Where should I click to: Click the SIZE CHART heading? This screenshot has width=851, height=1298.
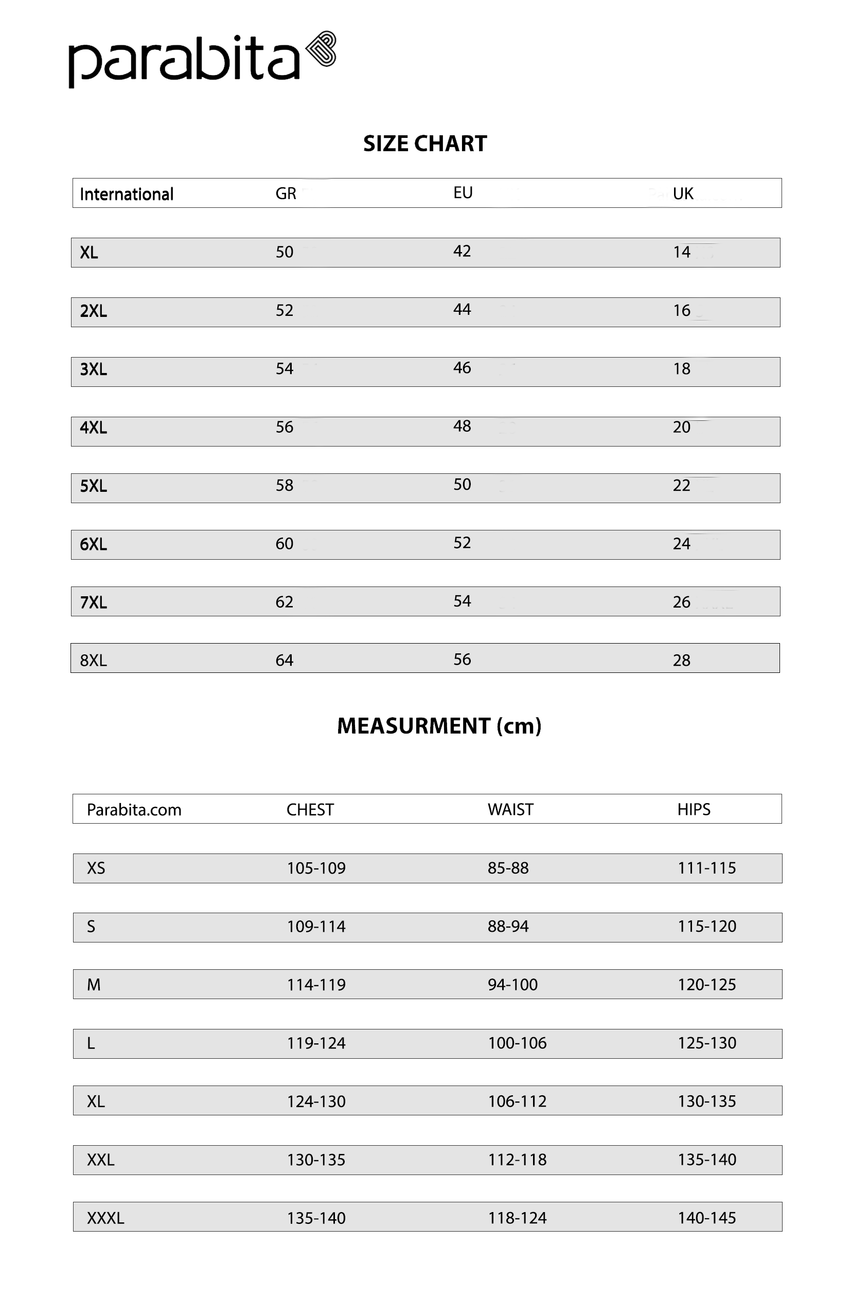(x=425, y=144)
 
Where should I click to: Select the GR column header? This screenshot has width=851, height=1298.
(x=286, y=193)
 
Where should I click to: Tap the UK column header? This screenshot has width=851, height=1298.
(x=682, y=193)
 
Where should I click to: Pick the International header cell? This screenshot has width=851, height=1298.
(x=127, y=194)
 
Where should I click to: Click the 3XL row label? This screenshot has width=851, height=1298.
(x=93, y=369)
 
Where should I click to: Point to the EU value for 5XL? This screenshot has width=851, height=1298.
(x=462, y=484)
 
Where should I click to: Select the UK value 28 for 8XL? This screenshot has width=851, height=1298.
(x=681, y=661)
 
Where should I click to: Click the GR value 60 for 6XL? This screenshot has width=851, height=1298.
(x=284, y=544)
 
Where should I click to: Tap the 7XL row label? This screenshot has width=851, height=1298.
(x=93, y=602)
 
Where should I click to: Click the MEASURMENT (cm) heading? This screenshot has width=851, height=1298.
(x=439, y=726)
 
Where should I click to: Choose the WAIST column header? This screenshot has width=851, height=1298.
(x=510, y=809)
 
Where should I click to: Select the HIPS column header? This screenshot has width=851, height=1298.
(x=694, y=809)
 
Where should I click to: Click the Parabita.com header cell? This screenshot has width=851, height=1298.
(x=134, y=810)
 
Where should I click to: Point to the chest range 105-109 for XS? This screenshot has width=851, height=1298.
(x=316, y=868)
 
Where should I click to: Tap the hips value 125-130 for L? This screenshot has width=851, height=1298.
(x=706, y=1043)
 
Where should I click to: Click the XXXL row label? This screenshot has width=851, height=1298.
(x=105, y=1218)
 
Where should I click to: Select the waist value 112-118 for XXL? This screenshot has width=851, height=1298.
(x=517, y=1160)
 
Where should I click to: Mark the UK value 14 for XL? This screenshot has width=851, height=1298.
(x=681, y=252)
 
